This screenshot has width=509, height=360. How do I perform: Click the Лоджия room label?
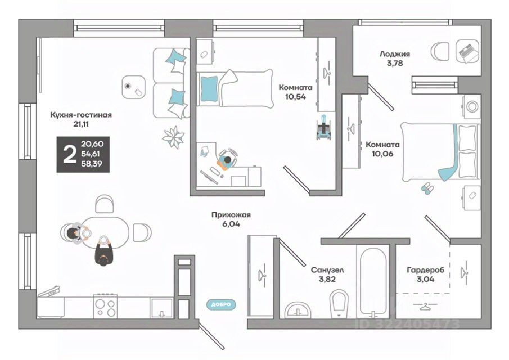394,54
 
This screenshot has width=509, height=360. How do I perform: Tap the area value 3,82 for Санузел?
327,279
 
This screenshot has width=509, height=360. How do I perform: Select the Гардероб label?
425,270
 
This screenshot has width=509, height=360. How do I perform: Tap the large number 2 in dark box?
69,153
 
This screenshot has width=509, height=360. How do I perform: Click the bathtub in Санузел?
372,281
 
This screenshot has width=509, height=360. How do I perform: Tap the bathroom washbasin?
299,309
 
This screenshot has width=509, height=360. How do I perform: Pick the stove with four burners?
105,307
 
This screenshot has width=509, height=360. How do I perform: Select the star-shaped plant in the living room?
173,136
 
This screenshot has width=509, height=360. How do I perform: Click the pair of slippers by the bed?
428,188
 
